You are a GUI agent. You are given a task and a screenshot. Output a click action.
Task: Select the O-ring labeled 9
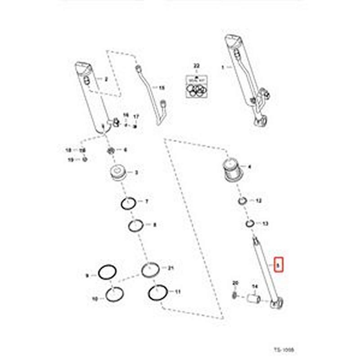(x=107, y=272)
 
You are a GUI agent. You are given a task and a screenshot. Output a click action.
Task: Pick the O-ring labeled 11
(x=158, y=292)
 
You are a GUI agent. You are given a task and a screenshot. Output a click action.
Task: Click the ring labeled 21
(x=150, y=270)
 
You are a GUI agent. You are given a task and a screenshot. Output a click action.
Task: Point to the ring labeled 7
(x=129, y=204)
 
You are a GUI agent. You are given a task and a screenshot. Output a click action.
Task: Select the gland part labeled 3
(x=119, y=172)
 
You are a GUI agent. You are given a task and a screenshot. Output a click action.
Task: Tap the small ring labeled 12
(x=242, y=201)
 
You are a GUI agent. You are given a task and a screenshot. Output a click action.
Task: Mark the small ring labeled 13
(x=250, y=223)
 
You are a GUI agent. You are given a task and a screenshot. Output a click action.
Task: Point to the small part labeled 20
(x=235, y=295)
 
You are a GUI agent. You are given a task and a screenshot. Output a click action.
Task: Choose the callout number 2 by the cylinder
(x=106, y=80)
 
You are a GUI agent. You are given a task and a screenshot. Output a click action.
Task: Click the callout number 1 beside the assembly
(x=222, y=67)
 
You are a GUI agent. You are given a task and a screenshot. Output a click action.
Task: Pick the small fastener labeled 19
(x=84, y=159)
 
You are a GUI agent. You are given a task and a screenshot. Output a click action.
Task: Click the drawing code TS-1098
(x=286, y=349)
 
